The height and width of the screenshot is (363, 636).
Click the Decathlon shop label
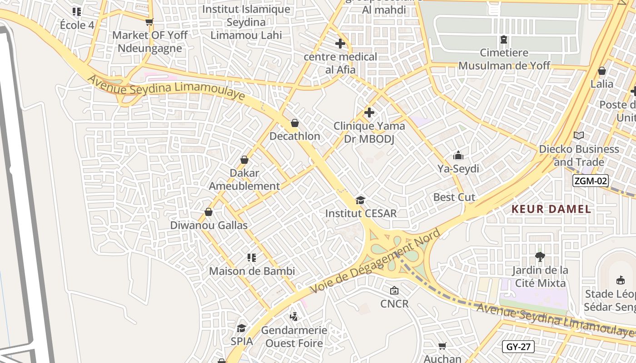[x=295, y=136]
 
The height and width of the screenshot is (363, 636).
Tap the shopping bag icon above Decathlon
[x=295, y=123]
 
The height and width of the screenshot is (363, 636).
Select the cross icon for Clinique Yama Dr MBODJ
[x=369, y=112]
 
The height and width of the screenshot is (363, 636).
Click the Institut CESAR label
[x=361, y=213]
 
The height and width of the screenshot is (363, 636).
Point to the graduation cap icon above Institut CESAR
[x=361, y=200]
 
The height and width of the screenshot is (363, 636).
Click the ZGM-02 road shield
[x=590, y=181]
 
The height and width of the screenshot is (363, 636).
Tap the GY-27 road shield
[x=518, y=347]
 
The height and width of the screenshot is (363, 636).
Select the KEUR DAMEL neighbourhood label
[x=551, y=209]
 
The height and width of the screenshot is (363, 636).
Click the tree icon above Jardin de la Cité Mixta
[x=540, y=257]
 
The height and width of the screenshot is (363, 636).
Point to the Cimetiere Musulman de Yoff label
[x=504, y=59]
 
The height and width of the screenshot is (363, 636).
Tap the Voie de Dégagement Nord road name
[x=375, y=261]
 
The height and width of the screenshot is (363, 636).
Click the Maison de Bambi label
[x=252, y=271]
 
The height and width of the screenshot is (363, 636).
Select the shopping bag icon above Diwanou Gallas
[x=209, y=212]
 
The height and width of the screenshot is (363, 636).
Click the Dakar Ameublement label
[x=244, y=180]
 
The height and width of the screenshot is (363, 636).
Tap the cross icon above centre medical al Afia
[x=340, y=44]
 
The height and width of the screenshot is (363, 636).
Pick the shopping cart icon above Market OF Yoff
[x=149, y=22]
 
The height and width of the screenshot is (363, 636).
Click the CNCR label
[x=394, y=304]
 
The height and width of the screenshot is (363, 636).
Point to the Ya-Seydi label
[x=458, y=169]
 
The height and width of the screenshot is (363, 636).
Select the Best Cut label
[x=454, y=197]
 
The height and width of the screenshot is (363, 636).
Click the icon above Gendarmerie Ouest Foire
[x=294, y=316]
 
